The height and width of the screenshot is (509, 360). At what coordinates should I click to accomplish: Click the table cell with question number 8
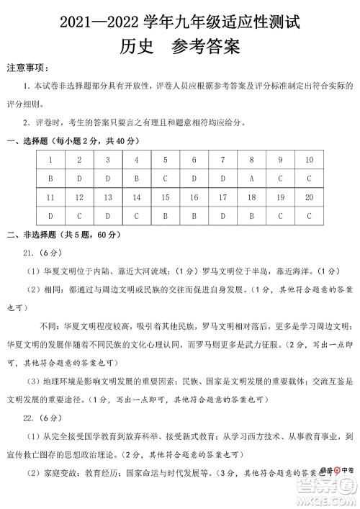pyautogui.click(x=251, y=159)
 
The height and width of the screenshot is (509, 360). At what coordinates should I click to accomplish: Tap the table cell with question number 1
pyautogui.click(x=50, y=159)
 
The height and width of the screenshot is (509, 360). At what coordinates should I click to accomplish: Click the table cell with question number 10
pyautogui.click(x=309, y=159)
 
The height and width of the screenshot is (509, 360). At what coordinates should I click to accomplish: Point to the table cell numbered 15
pyautogui.click(x=165, y=196)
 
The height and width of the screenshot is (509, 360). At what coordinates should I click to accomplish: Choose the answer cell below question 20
pyautogui.click(x=309, y=215)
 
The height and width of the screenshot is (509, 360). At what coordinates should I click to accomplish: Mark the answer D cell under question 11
pyautogui.click(x=50, y=215)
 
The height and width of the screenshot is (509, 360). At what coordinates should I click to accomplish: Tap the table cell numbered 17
pyautogui.click(x=223, y=196)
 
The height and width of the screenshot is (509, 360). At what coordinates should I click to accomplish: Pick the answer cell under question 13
pyautogui.click(x=107, y=215)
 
